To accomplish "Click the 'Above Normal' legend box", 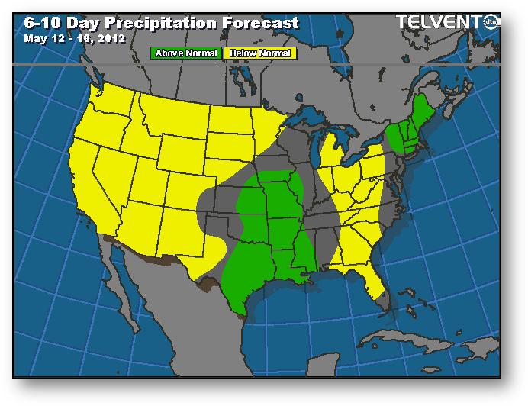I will [186, 53].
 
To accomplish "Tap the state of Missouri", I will [279, 203].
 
